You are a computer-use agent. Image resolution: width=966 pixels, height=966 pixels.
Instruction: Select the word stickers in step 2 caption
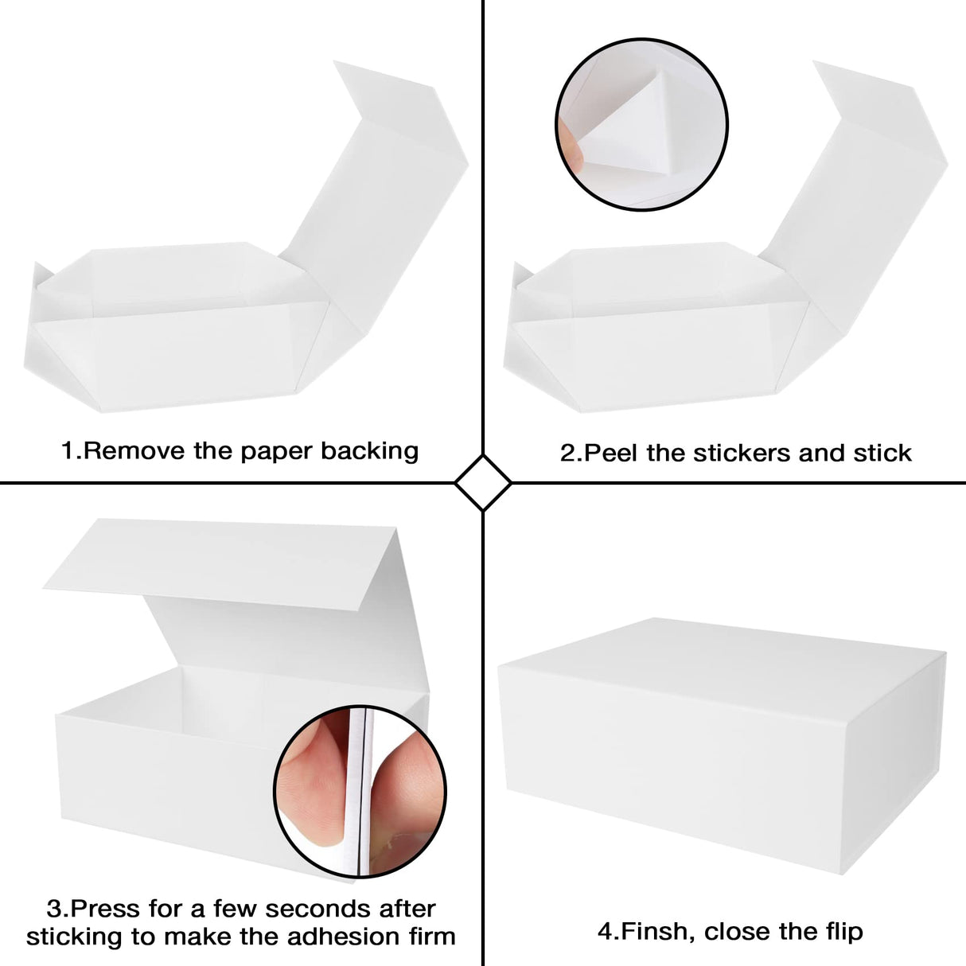742,454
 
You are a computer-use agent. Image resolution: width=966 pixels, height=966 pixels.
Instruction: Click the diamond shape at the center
483,483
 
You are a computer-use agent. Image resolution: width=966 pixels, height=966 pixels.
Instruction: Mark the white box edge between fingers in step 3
364,796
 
